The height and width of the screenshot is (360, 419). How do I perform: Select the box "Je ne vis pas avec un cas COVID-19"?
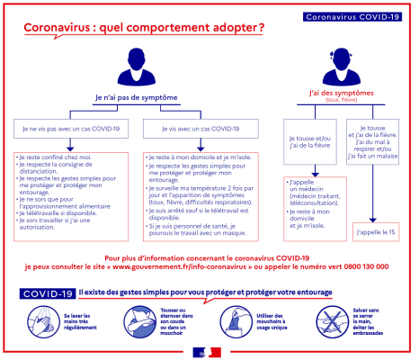pos(71,130)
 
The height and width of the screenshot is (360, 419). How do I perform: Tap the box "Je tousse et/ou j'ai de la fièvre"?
pos(308,143)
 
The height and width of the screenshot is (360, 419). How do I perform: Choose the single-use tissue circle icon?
pos(232,319)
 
